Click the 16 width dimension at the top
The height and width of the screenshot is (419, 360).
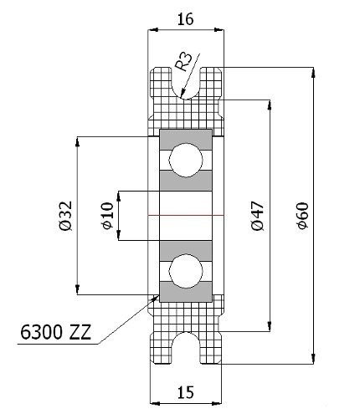click(x=185, y=19)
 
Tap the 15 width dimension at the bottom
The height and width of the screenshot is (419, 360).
click(x=185, y=392)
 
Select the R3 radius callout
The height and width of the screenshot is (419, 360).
click(x=183, y=61)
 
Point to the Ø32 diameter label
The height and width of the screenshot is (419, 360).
click(x=66, y=216)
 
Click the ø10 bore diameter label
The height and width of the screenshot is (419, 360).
click(x=108, y=216)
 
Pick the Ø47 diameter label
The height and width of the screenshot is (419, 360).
click(x=257, y=216)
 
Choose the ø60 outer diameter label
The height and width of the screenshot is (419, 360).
click(x=303, y=216)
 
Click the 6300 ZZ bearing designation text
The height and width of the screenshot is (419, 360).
click(x=56, y=332)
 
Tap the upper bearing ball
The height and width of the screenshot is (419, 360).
click(x=186, y=160)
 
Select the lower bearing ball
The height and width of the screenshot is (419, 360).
click(x=186, y=271)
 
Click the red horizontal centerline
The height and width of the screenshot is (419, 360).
click(x=186, y=216)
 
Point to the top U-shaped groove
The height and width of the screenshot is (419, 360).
click(x=186, y=83)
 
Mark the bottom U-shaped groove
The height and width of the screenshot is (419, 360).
click(x=186, y=348)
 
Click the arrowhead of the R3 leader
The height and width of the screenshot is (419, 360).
click(x=183, y=94)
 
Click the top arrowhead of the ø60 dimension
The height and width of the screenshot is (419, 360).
click(x=313, y=72)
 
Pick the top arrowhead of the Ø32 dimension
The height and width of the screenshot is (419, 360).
click(x=77, y=141)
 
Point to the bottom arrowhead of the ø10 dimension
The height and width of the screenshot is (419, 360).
click(x=119, y=235)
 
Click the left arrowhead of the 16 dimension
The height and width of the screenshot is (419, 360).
click(x=153, y=29)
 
